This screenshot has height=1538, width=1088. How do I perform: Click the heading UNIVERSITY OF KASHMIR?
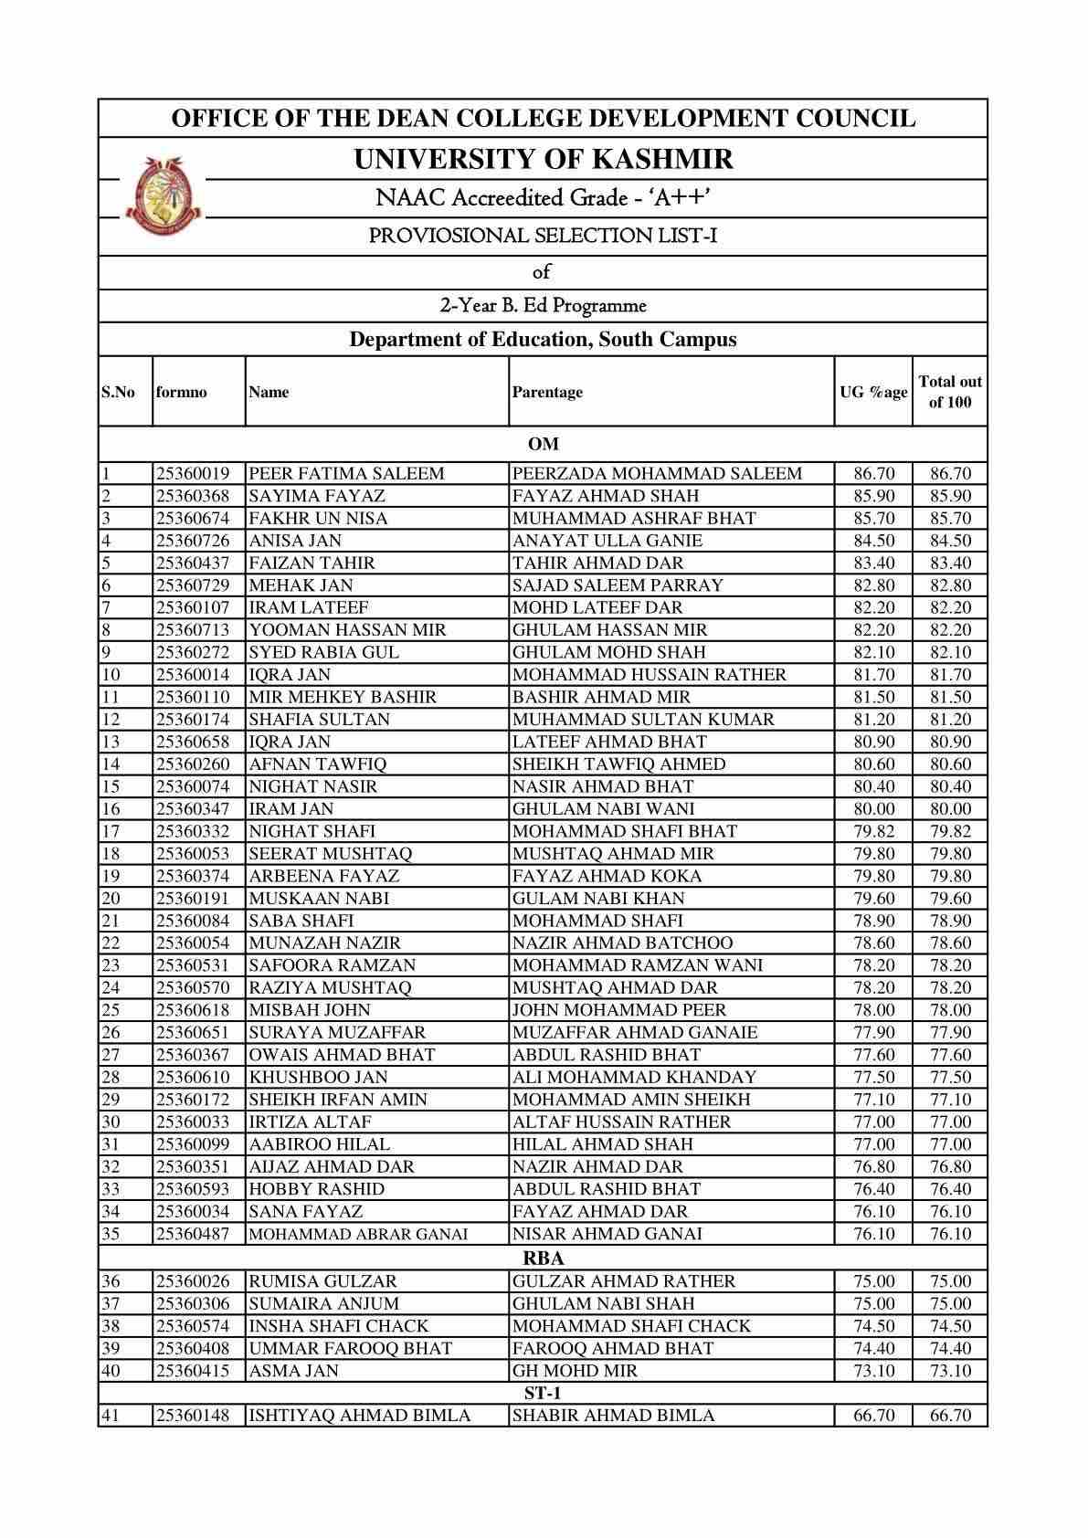pyautogui.click(x=543, y=160)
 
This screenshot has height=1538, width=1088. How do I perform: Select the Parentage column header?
pyautogui.click(x=547, y=392)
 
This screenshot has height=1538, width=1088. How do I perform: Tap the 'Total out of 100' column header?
pyautogui.click(x=950, y=392)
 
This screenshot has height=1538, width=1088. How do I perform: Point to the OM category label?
pyautogui.click(x=543, y=444)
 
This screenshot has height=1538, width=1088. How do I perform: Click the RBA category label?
pyautogui.click(x=543, y=1258)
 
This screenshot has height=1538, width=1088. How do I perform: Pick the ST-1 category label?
pyautogui.click(x=543, y=1393)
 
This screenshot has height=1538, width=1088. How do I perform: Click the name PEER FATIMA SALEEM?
pyautogui.click(x=346, y=473)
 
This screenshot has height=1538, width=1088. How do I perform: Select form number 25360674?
pyautogui.click(x=193, y=518)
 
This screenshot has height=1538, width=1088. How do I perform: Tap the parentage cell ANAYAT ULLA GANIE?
pyautogui.click(x=607, y=541)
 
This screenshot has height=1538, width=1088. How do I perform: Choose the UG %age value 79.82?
pyautogui.click(x=873, y=831)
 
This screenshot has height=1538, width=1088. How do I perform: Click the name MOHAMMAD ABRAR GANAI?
pyautogui.click(x=358, y=1234)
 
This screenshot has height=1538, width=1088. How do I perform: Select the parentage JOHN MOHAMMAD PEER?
pyautogui.click(x=619, y=1010)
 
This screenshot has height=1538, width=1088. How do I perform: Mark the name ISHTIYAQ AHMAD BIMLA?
pyautogui.click(x=359, y=1416)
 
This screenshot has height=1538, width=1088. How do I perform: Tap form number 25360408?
pyautogui.click(x=193, y=1348)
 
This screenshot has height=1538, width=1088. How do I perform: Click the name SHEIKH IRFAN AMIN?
pyautogui.click(x=338, y=1100)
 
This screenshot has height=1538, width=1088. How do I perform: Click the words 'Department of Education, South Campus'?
pyautogui.click(x=543, y=340)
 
